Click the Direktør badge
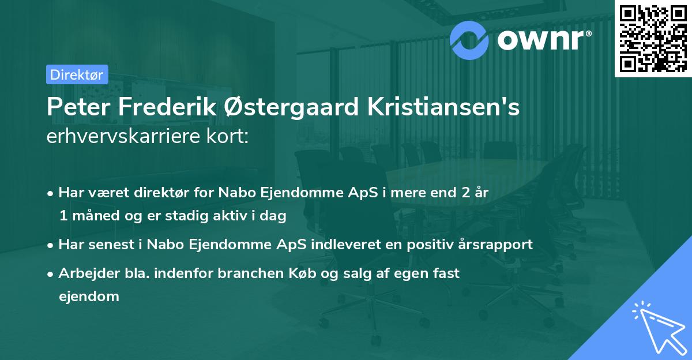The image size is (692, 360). pos(76,74)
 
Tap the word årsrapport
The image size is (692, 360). pos(495,244)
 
